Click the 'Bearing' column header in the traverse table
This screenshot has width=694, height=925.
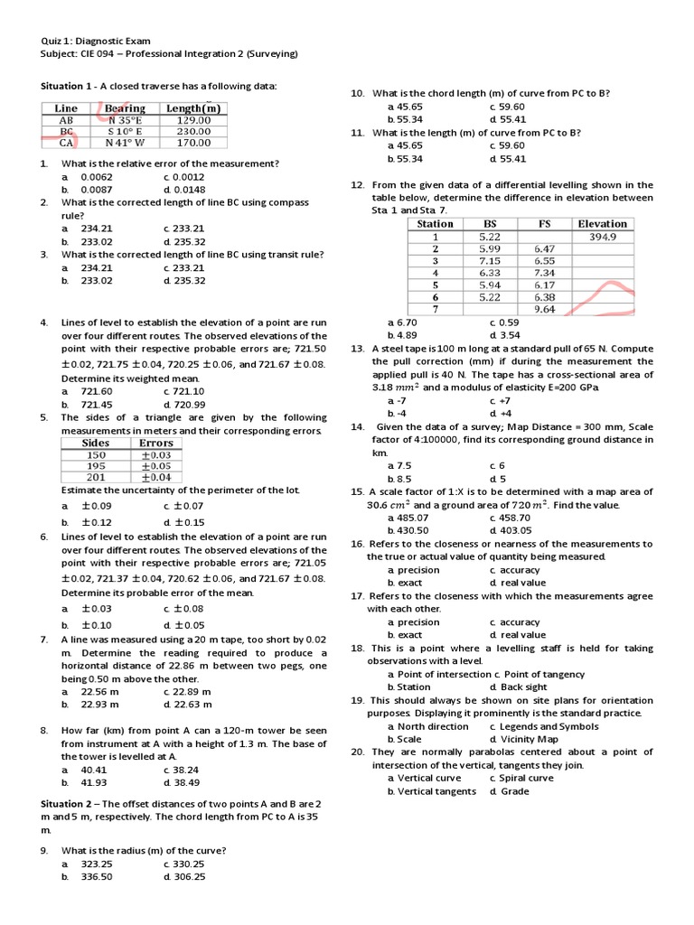(x=125, y=108)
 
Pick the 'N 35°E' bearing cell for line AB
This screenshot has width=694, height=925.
(x=126, y=119)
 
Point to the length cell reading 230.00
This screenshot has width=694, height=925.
(x=193, y=131)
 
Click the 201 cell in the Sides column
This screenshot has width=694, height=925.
(x=96, y=477)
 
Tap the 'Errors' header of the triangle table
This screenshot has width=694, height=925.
(x=156, y=443)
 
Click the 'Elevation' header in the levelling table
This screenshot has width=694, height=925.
(x=602, y=224)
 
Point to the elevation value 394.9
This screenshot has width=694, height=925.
(x=602, y=237)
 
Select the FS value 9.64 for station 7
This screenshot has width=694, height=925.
(x=544, y=309)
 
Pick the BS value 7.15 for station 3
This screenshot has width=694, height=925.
(x=490, y=260)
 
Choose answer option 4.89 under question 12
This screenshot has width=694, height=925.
(x=402, y=335)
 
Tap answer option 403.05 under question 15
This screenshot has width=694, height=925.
(x=511, y=530)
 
